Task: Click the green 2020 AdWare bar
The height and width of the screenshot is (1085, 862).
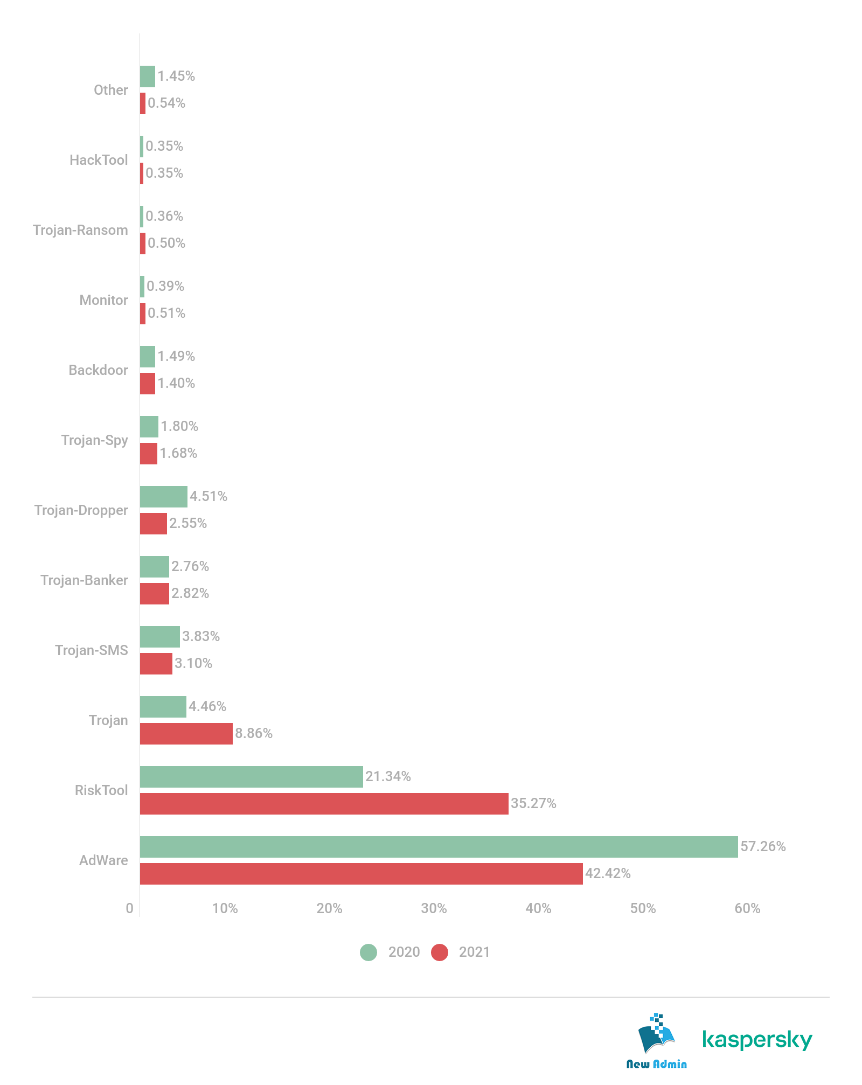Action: coord(439,846)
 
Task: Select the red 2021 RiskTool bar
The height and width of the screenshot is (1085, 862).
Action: coord(324,803)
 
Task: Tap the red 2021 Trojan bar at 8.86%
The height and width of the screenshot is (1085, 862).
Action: coord(186,733)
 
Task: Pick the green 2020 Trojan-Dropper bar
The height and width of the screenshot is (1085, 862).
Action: coord(163,496)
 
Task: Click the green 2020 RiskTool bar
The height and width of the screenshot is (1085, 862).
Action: coord(251,776)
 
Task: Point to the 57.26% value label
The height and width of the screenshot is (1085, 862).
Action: coord(762,846)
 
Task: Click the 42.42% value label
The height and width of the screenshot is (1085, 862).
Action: coord(608,873)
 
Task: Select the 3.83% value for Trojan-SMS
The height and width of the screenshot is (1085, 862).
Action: coord(201,636)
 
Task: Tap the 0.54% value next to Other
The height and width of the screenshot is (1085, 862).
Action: coord(166,103)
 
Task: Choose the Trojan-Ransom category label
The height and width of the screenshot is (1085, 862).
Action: coord(81,230)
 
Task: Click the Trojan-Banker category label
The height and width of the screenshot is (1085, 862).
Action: coord(85,580)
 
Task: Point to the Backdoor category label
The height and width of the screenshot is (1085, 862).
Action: coord(99,370)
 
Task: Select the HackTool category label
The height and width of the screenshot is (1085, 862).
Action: coord(99,160)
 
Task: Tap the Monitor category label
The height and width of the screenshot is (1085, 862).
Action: coord(104,300)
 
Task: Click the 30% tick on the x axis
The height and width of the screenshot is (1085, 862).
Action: coord(434,908)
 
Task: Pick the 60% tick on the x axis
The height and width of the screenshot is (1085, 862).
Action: coord(747,908)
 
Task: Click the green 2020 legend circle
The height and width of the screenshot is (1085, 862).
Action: coord(369,952)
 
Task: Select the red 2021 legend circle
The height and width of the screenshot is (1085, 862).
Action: coord(440,952)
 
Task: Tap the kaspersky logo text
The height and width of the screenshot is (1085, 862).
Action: coord(757,1039)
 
